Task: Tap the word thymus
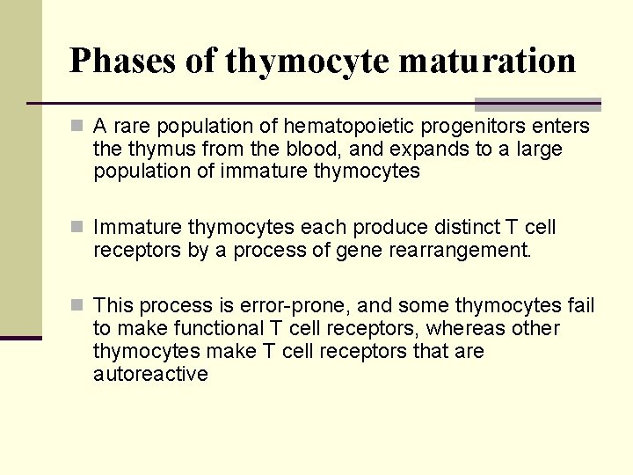(x=153, y=149)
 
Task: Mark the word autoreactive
(x=150, y=374)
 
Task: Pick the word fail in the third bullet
(x=580, y=305)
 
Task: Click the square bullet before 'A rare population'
(x=80, y=127)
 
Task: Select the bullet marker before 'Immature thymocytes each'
(x=80, y=228)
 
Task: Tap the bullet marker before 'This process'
(x=80, y=305)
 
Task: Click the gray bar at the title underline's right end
(x=537, y=104)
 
